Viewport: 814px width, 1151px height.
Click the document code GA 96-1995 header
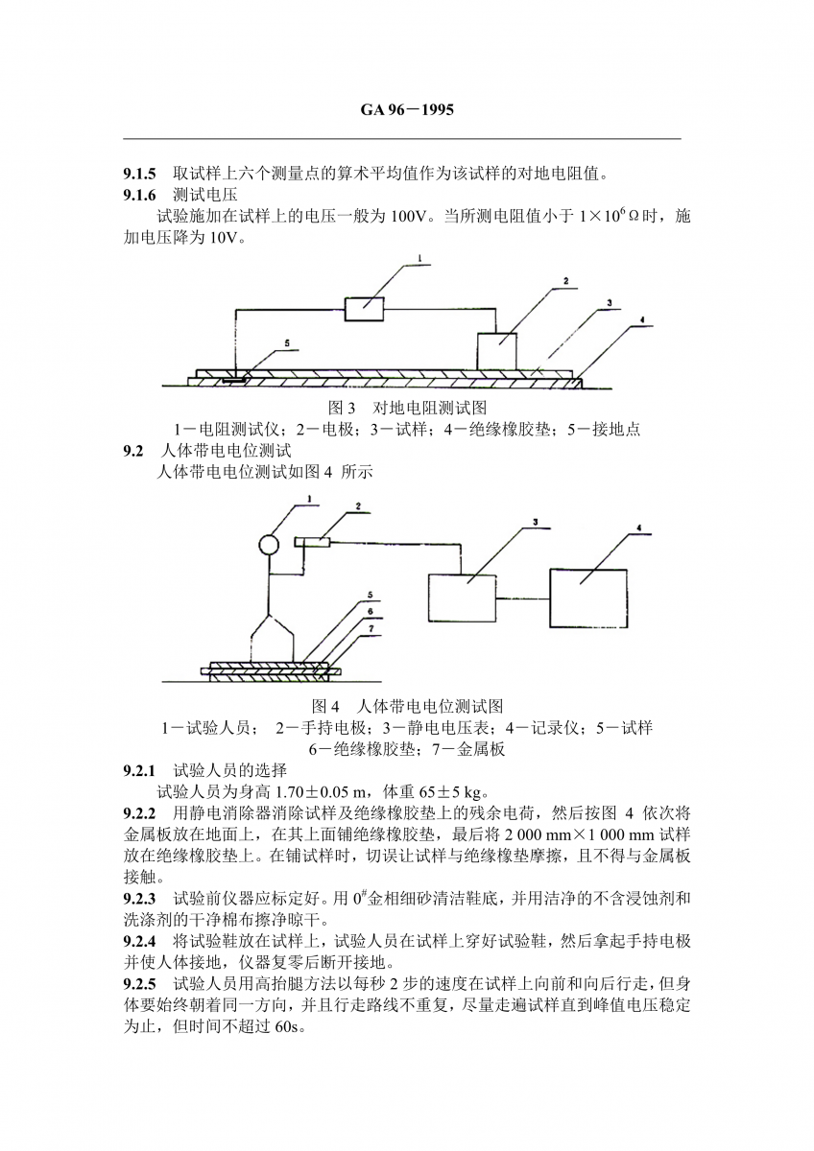[406, 110]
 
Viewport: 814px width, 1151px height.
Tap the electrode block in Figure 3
[497, 348]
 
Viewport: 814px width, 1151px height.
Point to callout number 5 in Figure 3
[286, 341]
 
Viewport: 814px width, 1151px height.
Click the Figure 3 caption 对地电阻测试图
[407, 408]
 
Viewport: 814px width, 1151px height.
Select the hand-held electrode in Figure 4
[314, 543]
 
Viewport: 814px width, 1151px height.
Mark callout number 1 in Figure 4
[310, 498]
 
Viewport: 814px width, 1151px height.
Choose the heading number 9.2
[133, 450]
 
